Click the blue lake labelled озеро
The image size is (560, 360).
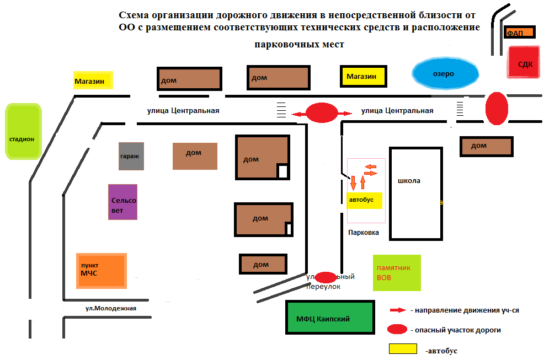pyautogui.click(x=445, y=73)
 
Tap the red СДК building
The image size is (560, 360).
pyautogui.click(x=523, y=63)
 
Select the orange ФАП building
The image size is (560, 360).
pyautogui.click(x=519, y=33)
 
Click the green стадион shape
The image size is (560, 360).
pyautogui.click(x=23, y=132)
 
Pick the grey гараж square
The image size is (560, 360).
pyautogui.click(x=131, y=156)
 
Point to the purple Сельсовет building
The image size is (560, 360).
pyautogui.click(x=122, y=201)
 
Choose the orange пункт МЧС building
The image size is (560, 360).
pyautogui.click(x=102, y=270)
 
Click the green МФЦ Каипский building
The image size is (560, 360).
pyautogui.click(x=329, y=318)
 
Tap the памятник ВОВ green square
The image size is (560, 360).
pyautogui.click(x=397, y=273)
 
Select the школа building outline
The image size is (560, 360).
pyautogui.click(x=416, y=194)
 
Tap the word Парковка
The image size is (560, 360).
pyautogui.click(x=364, y=233)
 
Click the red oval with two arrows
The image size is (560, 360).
pyautogui.click(x=322, y=113)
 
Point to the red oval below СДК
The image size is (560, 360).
pyautogui.click(x=496, y=108)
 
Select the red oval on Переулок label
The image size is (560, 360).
pyautogui.click(x=326, y=277)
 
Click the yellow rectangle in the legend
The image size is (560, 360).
pyautogui.click(x=403, y=348)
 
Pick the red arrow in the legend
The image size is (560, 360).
pyautogui.click(x=397, y=310)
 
